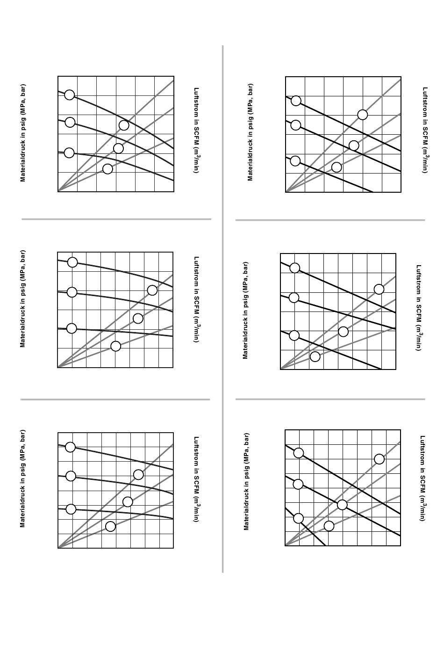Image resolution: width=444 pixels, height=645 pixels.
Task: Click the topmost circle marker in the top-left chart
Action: [69, 95]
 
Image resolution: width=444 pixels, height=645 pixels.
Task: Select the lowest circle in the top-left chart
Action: [107, 169]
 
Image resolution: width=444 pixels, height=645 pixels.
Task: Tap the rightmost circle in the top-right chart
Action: [362, 115]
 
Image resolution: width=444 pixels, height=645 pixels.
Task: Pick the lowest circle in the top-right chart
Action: [337, 167]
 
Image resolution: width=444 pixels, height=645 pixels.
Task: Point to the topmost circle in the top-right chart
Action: [296, 101]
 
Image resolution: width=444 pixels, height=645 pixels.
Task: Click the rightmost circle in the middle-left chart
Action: [152, 290]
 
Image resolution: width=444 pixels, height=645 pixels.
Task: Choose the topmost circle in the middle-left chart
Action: [72, 262]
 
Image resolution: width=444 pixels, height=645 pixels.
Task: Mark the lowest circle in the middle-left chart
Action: [115, 346]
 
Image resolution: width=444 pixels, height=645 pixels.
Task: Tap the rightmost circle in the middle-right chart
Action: [379, 289]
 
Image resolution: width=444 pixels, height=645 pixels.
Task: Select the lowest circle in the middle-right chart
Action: [315, 357]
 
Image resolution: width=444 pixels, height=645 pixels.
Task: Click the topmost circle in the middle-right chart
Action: [294, 268]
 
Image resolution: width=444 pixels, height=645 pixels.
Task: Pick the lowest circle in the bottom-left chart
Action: [110, 526]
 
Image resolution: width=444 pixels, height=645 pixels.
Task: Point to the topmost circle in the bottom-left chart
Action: [70, 447]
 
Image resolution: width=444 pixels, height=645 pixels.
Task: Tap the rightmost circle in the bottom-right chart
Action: [380, 459]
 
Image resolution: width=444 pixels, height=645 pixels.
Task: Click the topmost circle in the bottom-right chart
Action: [299, 453]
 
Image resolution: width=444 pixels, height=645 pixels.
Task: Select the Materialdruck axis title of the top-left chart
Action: [23, 133]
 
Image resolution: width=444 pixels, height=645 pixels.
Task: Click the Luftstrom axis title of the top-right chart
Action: [425, 130]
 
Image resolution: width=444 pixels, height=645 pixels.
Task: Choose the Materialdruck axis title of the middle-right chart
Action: [245, 310]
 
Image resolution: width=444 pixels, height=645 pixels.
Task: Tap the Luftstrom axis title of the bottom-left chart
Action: [197, 479]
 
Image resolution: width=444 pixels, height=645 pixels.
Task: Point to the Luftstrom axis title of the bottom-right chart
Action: [423, 478]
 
